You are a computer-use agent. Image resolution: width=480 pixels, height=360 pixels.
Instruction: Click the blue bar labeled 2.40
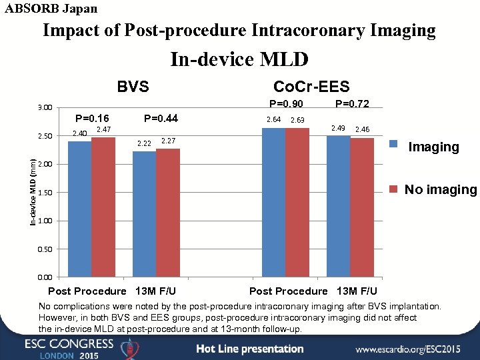80,209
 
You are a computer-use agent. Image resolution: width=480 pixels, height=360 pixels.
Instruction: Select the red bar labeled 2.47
103,207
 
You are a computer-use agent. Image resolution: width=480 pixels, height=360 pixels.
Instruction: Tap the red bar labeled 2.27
167,212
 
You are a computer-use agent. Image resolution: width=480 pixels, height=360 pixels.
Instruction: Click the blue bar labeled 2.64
273,202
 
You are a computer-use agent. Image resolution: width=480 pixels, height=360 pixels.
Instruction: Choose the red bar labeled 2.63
297,202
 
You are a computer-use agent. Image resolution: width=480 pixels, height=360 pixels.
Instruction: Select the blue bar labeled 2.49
338,206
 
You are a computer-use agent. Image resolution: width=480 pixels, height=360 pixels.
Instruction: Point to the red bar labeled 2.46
361,207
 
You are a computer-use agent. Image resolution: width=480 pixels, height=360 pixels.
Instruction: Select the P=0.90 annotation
285,103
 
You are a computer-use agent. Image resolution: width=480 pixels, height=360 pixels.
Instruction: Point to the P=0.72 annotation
352,103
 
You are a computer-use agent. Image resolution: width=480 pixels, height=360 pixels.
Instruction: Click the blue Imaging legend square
394,144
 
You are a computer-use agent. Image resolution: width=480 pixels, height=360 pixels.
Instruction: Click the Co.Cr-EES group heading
311,87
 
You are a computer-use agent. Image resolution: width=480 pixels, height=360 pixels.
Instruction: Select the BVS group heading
133,87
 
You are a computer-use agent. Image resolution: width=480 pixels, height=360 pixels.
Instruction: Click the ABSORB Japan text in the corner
51,9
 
